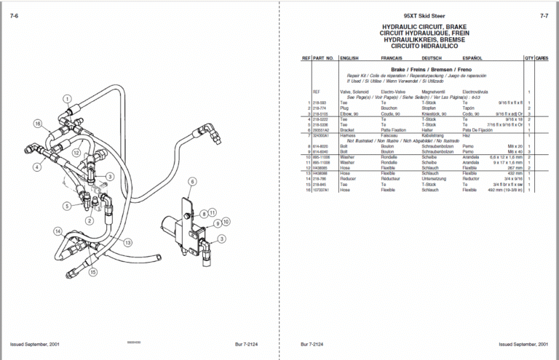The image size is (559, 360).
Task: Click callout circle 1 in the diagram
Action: click(x=66, y=98)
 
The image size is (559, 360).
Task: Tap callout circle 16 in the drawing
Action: click(x=37, y=124)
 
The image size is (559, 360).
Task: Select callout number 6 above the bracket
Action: click(x=193, y=181)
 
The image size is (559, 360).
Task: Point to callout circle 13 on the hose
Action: click(x=127, y=242)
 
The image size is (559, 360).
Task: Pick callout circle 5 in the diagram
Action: click(x=66, y=206)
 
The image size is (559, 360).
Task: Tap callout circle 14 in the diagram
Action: click(x=57, y=231)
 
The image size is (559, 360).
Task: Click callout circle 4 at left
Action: click(x=35, y=167)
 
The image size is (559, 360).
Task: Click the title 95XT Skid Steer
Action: click(x=416, y=16)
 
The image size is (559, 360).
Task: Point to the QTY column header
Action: click(x=528, y=57)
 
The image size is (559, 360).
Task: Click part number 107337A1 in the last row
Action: click(x=322, y=190)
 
